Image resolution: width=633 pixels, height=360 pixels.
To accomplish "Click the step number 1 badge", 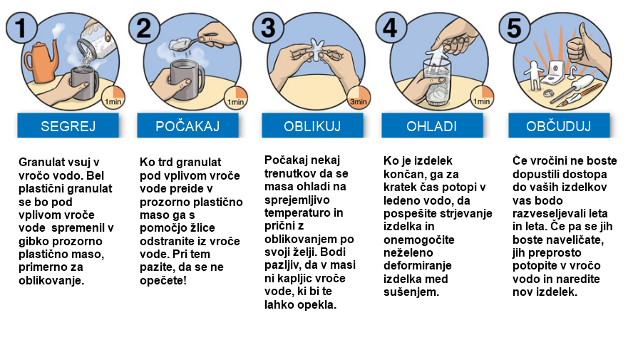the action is [22, 27].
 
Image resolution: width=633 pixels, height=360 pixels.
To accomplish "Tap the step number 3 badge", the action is [269, 27].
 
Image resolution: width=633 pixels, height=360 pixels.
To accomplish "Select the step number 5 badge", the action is [515, 27].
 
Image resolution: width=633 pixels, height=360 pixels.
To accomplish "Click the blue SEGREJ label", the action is [68, 126].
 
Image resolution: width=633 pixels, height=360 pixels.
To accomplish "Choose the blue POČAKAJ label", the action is [187, 126].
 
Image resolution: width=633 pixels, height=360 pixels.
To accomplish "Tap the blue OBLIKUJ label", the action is [312, 126].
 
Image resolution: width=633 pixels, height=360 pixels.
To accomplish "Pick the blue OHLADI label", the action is [432, 126].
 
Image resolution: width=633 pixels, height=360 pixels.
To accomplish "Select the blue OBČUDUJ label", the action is [559, 126].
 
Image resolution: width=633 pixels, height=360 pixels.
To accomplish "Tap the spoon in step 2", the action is [190, 42].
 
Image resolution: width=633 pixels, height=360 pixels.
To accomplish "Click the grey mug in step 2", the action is [187, 79].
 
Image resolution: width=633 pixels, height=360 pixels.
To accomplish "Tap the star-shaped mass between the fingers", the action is [316, 50].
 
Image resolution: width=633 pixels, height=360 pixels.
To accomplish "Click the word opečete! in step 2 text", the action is [163, 280].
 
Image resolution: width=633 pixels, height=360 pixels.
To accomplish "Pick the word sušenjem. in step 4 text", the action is [411, 292].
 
